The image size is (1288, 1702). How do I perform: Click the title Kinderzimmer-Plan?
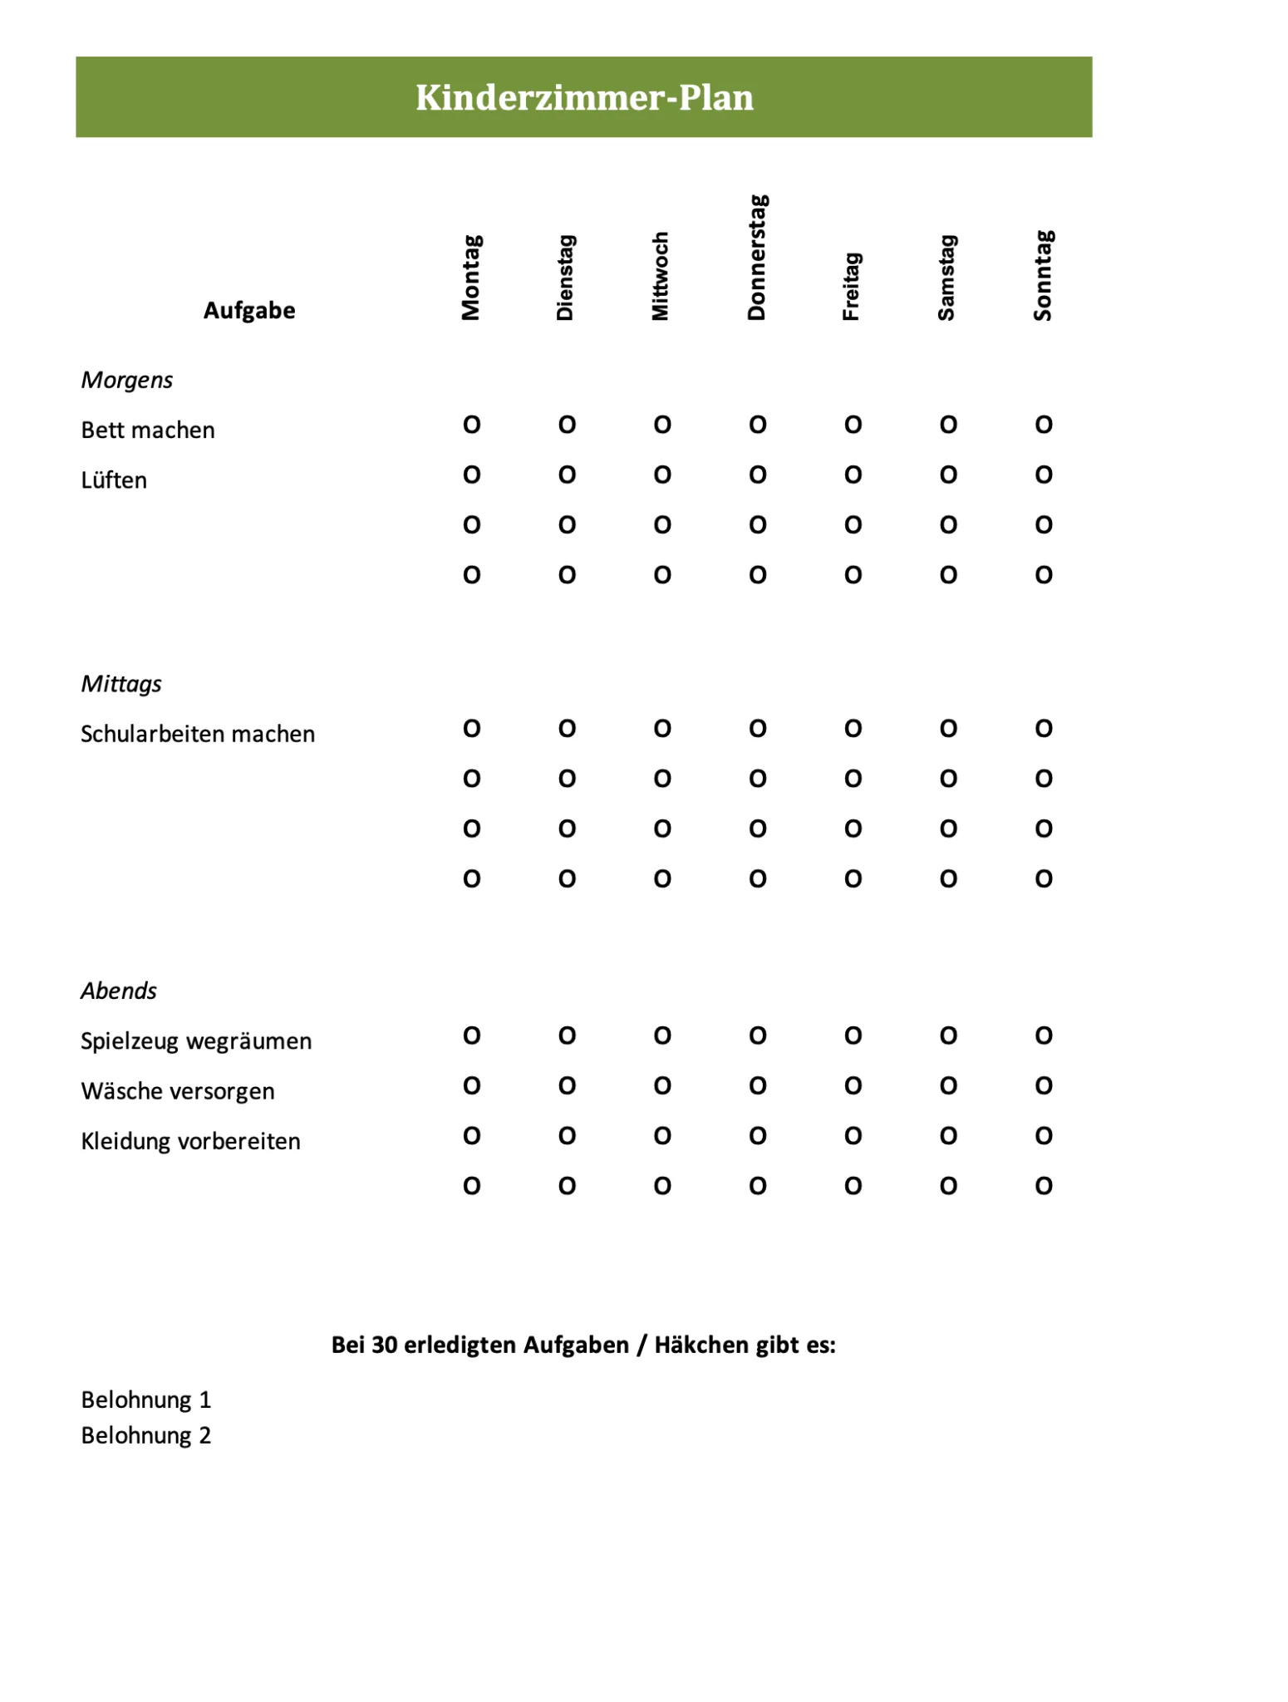coord(584,98)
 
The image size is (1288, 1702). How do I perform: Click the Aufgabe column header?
coord(249,311)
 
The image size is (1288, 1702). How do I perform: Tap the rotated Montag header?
coord(471,278)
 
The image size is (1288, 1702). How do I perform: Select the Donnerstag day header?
coord(757,258)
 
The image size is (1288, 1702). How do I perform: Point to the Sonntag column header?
coord(1044,276)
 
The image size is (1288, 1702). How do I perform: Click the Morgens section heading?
coord(127,380)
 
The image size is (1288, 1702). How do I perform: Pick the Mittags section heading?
coord(121,684)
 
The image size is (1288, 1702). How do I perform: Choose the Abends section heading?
coord(119,991)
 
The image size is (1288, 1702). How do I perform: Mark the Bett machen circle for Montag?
coord(471,425)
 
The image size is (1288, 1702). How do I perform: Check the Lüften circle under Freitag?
coord(853,475)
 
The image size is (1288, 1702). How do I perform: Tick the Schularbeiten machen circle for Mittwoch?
coord(661,729)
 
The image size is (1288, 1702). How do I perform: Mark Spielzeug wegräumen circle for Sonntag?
coord(1044,1035)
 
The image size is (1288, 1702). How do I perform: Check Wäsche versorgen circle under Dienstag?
coord(567,1085)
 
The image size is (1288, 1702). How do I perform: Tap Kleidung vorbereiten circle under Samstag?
coord(948,1136)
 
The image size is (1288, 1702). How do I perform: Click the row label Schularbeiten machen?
coord(198,734)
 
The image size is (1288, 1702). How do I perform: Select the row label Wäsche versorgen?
coord(178,1091)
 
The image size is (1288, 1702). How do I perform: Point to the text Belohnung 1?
coord(146,1399)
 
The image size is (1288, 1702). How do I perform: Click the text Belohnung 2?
coord(146,1435)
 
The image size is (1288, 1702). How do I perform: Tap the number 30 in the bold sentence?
coord(385,1345)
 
